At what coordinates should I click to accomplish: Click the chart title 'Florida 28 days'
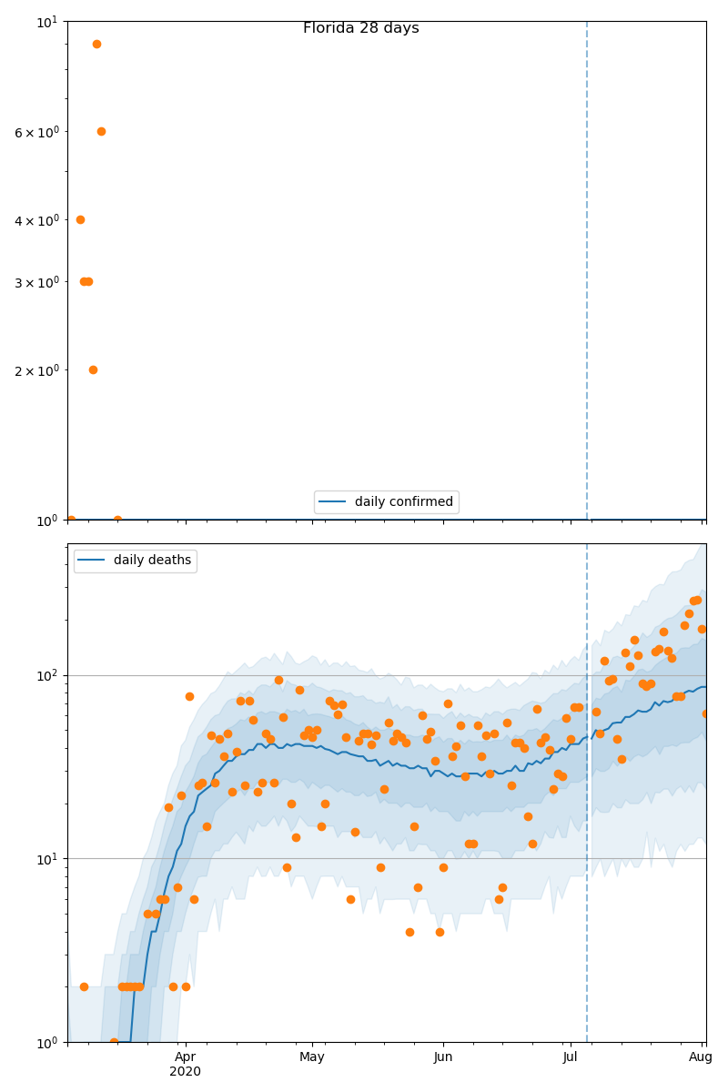tap(360, 28)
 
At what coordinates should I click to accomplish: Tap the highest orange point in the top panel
tap(96, 44)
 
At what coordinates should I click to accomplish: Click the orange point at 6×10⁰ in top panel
tap(101, 131)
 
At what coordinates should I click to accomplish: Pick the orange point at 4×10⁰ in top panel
tap(80, 219)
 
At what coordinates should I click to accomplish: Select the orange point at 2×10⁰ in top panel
tap(93, 369)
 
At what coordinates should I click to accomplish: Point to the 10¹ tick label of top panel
tap(48, 21)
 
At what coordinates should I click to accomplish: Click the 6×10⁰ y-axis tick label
tap(36, 132)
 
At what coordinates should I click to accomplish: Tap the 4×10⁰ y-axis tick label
tap(36, 220)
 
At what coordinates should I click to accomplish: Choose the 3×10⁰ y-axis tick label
tap(36, 282)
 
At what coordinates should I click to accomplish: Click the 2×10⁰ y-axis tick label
tap(36, 370)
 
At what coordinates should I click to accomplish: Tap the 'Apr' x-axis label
tap(185, 1057)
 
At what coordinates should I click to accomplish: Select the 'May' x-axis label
tap(312, 1057)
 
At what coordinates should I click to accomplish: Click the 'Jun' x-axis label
tap(443, 1057)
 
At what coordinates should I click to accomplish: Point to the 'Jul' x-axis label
tap(571, 1057)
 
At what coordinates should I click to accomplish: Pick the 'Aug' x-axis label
tap(701, 1057)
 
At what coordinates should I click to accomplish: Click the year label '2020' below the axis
tap(185, 1072)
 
